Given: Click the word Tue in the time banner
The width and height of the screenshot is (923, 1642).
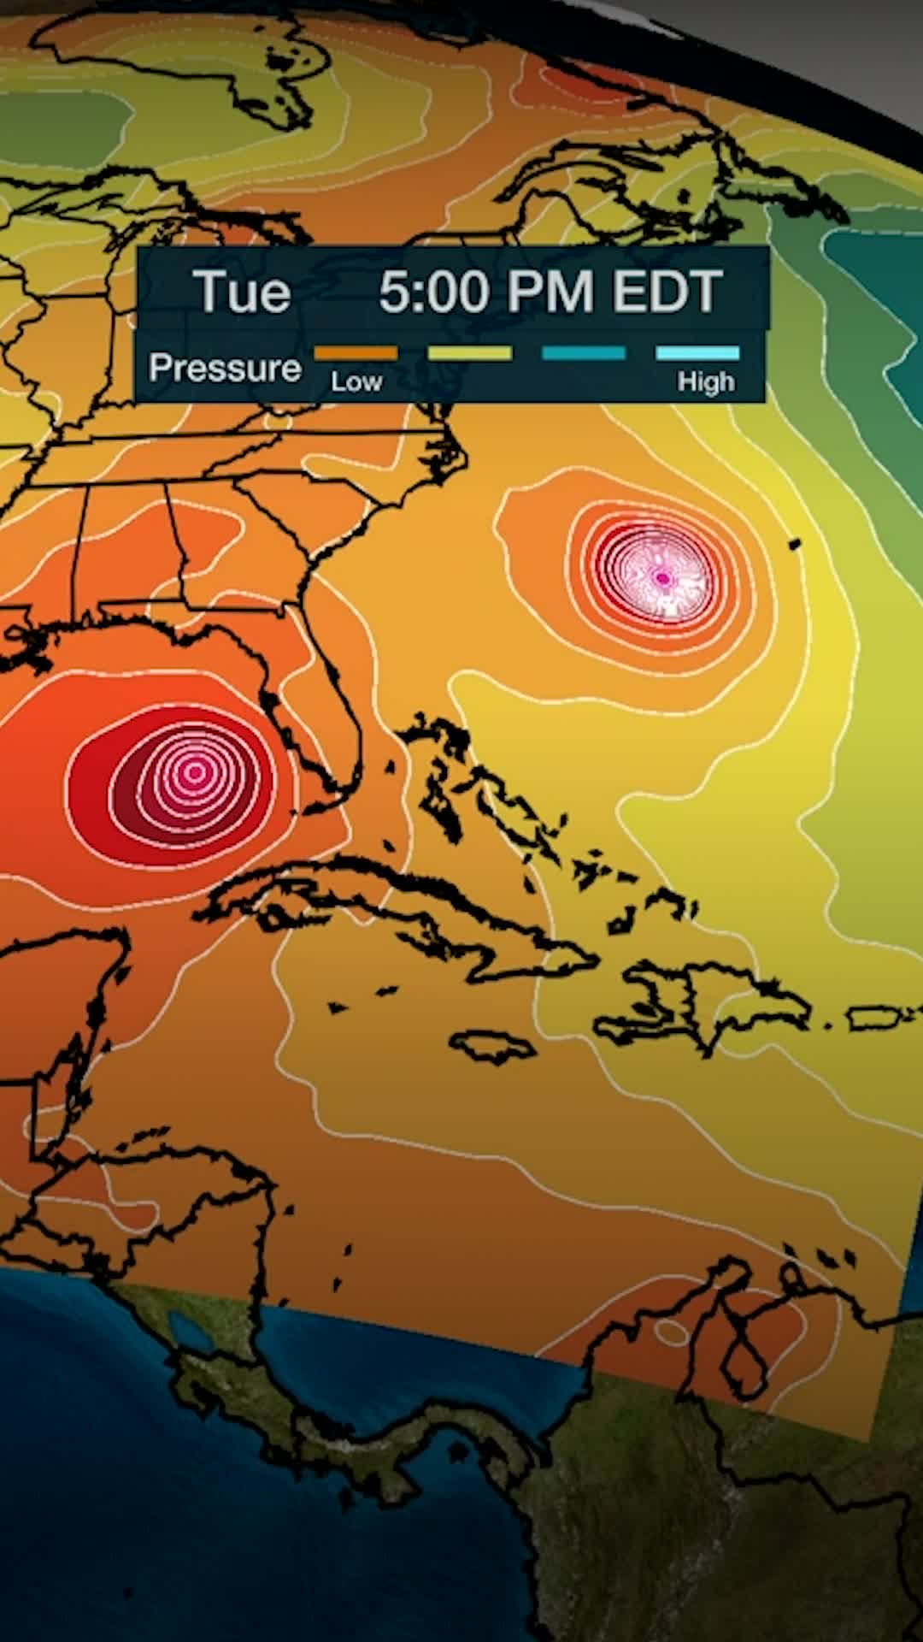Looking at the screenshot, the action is [x=242, y=292].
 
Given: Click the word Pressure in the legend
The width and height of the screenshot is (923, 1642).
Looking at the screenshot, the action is [x=225, y=368].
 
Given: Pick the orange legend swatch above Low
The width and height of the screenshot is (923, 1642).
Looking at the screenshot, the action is [x=356, y=353].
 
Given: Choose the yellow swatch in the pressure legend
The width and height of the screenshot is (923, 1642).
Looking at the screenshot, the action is [x=469, y=353].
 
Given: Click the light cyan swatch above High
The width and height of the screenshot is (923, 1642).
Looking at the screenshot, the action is [x=697, y=353].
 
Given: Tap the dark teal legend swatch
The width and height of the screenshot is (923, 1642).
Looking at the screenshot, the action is [x=584, y=353].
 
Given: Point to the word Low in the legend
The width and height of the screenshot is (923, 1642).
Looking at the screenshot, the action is [x=356, y=381].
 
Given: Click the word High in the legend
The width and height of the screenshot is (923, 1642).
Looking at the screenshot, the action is [x=706, y=381].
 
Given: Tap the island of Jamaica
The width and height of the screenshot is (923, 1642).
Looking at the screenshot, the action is [x=491, y=1044].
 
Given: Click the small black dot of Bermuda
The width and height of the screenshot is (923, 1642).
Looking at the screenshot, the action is [x=794, y=542].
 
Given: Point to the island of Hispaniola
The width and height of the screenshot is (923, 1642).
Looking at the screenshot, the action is [x=701, y=1005].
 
